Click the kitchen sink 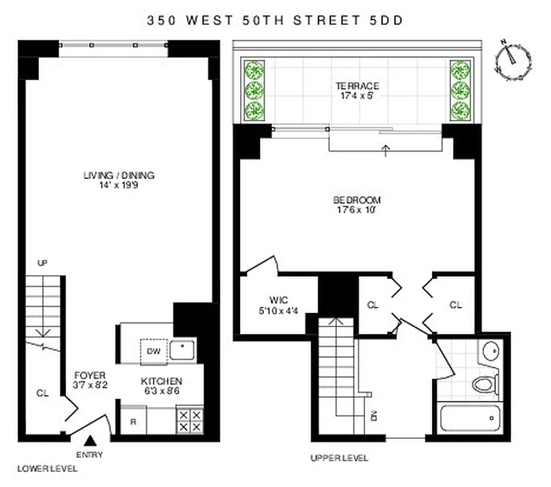182,349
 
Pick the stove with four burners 190,420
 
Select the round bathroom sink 491,351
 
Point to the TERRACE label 357,86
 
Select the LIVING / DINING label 119,176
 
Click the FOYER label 90,375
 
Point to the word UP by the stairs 42,263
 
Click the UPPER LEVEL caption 339,458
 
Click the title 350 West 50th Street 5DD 275,20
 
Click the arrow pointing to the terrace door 386,150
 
